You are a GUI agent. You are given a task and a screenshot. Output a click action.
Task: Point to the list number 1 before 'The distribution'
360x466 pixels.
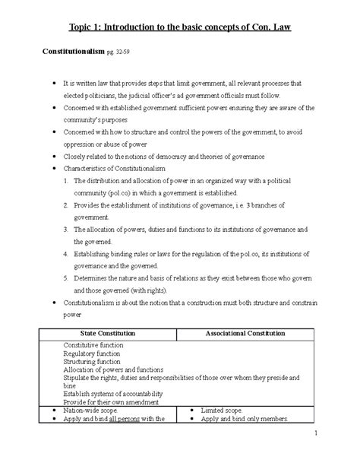pos(67,180)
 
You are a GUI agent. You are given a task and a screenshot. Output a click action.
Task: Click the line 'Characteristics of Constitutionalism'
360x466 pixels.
pos(122,168)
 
